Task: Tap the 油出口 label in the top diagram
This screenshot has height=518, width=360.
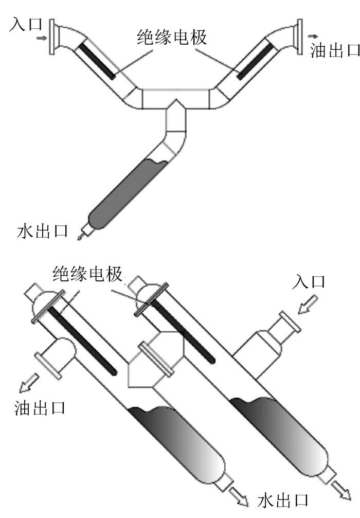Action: (334, 50)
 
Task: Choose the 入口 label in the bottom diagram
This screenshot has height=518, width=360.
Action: (308, 282)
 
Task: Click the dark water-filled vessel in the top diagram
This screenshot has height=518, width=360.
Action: (126, 193)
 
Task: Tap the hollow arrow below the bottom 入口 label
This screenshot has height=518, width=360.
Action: (306, 307)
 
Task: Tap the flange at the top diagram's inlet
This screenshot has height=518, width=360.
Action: (52, 36)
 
